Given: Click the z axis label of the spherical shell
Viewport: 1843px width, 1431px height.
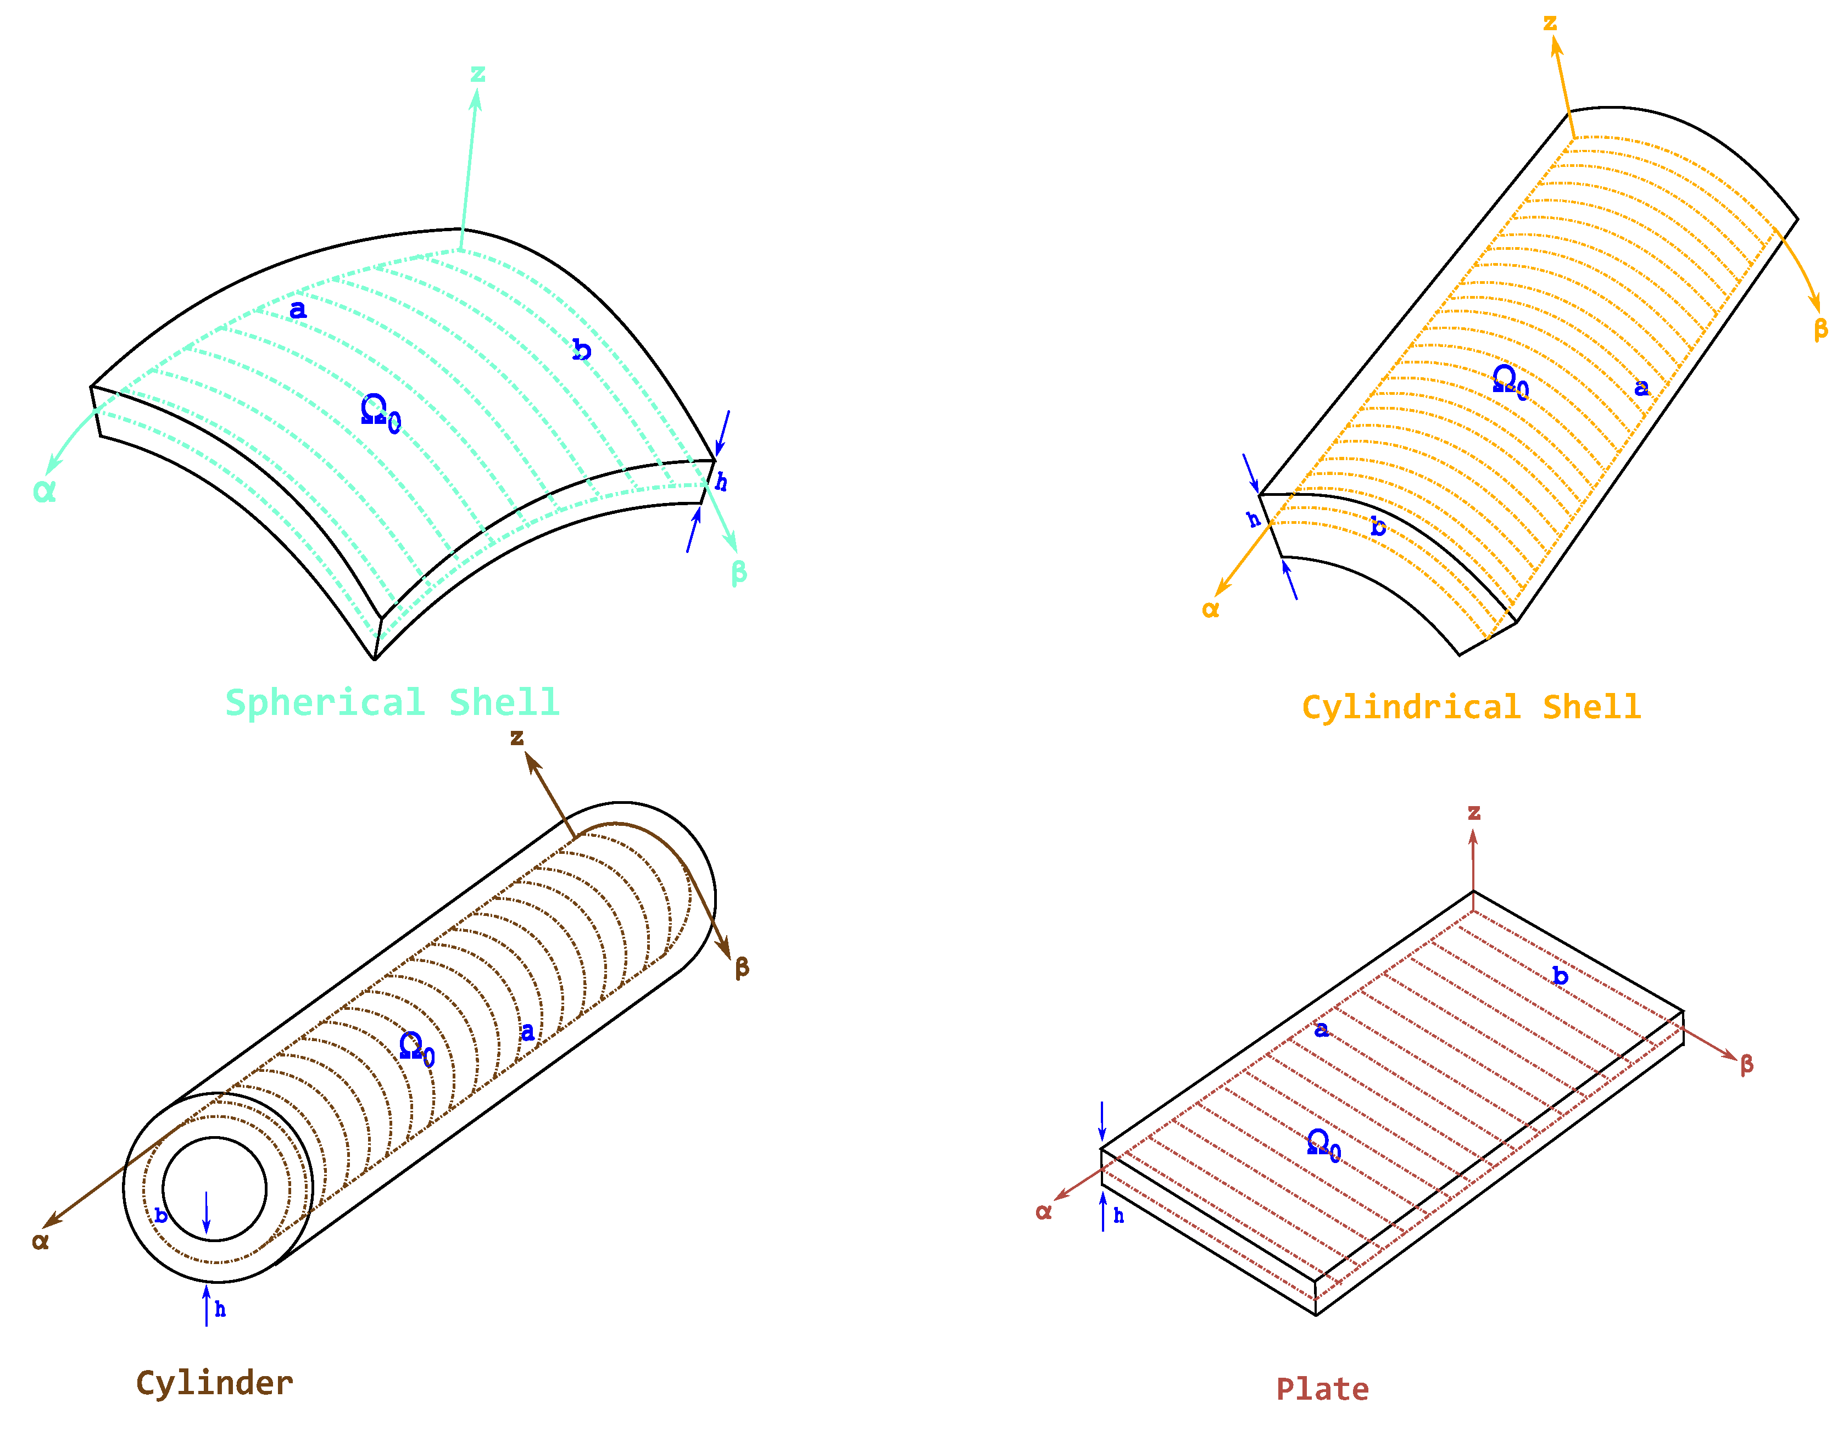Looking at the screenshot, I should (x=477, y=74).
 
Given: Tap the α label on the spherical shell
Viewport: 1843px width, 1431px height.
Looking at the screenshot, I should (x=44, y=490).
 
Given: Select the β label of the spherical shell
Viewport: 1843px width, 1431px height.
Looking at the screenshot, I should (x=738, y=572).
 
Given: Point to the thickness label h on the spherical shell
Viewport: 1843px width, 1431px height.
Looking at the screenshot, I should (x=721, y=482).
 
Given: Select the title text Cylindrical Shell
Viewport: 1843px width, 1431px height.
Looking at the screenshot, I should (x=1472, y=707).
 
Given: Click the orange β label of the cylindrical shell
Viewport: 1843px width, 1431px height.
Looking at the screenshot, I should (x=1820, y=328).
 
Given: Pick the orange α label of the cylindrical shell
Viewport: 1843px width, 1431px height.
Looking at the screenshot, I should (x=1210, y=609).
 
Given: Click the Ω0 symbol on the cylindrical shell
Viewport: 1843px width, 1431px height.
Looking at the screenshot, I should (x=1510, y=382).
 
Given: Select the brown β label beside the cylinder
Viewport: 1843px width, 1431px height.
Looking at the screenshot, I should (x=742, y=967).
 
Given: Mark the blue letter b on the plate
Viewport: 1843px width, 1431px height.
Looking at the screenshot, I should (x=1560, y=976).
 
